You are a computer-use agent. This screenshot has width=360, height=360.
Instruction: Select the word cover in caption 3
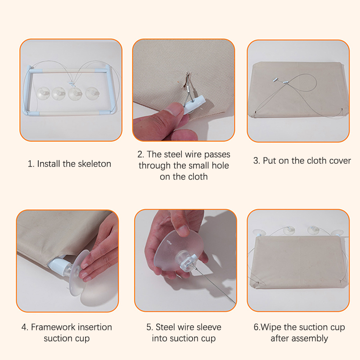[340, 161]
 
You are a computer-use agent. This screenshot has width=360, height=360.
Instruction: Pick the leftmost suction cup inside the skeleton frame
[43, 93]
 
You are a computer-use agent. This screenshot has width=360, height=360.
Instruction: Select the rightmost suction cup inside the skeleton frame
[92, 93]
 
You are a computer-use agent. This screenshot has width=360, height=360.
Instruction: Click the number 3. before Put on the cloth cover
[256, 161]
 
